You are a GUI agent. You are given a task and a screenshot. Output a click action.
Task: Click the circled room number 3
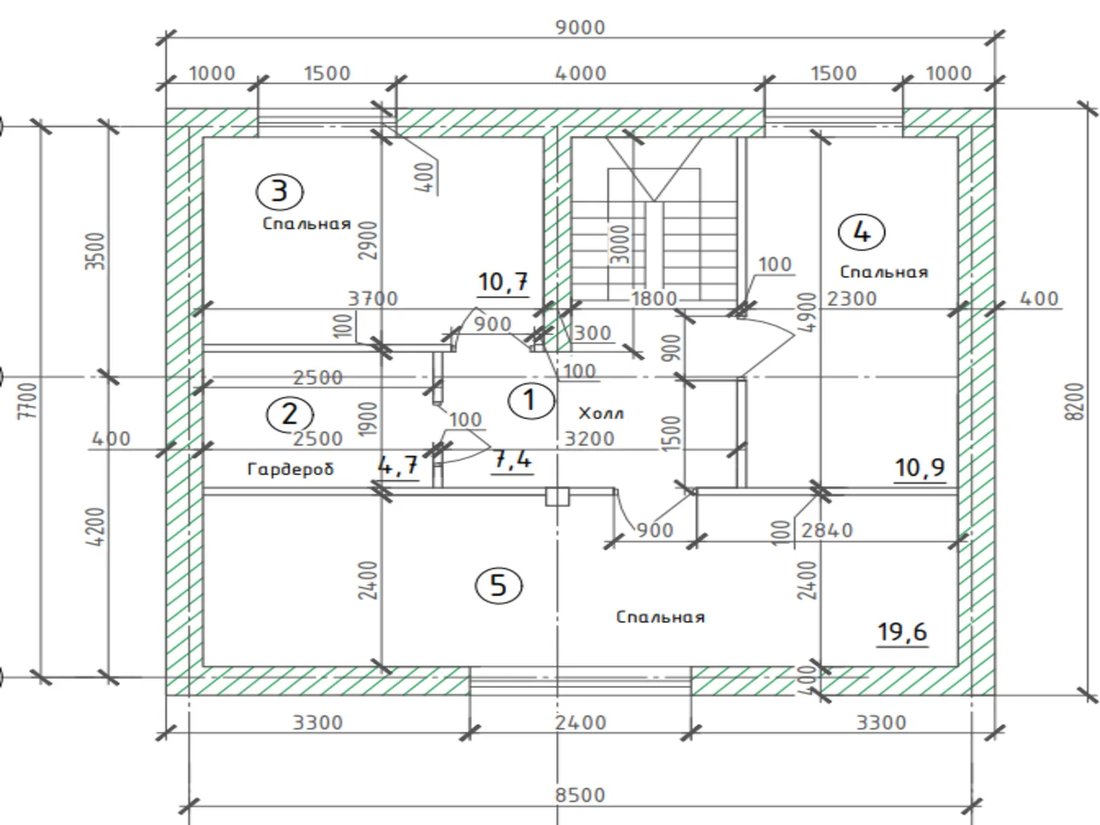[x=279, y=191]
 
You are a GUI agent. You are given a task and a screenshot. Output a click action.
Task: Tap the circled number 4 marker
[x=861, y=231]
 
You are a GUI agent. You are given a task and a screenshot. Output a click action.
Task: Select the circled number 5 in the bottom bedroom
[x=498, y=586]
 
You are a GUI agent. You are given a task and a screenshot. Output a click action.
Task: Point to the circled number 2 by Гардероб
[x=290, y=414]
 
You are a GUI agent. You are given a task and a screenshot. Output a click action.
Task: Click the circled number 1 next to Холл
[x=529, y=400]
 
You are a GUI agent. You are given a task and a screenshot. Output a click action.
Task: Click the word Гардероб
[x=290, y=468]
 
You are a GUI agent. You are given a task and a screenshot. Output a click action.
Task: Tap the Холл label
[x=601, y=413]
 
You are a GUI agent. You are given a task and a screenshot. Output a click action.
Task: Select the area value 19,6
[x=902, y=632]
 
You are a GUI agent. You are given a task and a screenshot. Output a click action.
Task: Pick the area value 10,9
[x=920, y=467]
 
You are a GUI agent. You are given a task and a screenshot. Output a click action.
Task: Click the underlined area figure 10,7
[x=503, y=282]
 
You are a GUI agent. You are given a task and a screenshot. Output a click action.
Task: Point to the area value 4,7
[x=398, y=464]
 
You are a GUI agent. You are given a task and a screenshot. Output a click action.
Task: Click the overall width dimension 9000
[x=580, y=27]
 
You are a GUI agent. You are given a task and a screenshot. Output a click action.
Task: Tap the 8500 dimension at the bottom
[x=580, y=794]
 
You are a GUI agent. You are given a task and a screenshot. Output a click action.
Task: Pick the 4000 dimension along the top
[x=581, y=73]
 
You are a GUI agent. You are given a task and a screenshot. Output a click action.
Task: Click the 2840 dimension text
[x=827, y=529]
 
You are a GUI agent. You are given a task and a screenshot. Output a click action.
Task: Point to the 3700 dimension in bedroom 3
[x=373, y=299]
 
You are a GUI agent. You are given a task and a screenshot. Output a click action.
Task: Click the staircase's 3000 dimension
[x=622, y=243]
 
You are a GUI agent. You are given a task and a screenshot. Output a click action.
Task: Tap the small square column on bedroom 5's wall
[x=557, y=497]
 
